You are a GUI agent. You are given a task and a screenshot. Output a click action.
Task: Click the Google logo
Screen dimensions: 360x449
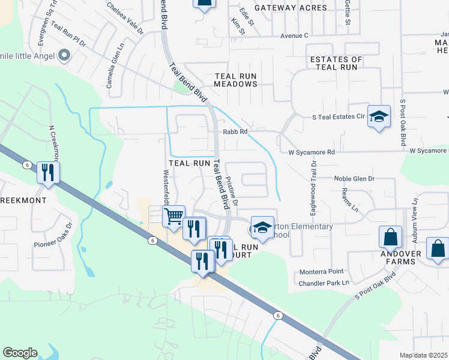click(x=20, y=353)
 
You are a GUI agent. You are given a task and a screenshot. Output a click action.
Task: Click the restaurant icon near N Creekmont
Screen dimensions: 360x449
click(x=47, y=173)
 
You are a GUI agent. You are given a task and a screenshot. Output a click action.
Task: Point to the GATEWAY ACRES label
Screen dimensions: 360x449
click(x=291, y=8)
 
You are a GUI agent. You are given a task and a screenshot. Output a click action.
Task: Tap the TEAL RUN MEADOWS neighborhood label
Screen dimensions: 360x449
click(x=236, y=80)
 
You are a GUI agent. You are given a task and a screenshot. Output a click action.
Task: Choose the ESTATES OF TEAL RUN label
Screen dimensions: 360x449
click(x=336, y=63)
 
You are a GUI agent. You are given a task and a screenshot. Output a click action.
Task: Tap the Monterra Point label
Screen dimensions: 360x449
click(x=322, y=272)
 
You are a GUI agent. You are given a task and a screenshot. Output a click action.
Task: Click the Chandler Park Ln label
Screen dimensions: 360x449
click(x=324, y=283)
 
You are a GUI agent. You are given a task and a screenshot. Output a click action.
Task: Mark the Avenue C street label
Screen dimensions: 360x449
click(x=294, y=35)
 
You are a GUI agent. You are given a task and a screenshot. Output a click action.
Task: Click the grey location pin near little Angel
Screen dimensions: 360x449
click(x=64, y=56)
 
